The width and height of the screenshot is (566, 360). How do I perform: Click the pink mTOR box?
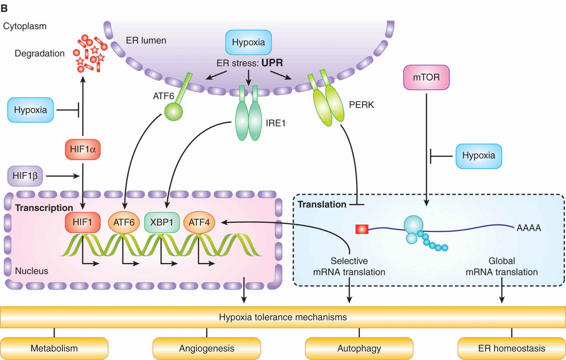426,77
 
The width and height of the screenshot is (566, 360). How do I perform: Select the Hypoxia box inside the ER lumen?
248,42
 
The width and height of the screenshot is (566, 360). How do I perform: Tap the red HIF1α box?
83,149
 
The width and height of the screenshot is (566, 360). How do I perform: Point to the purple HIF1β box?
25,176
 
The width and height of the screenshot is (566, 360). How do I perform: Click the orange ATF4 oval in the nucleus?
199,222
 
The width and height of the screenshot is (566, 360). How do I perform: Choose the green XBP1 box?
162,222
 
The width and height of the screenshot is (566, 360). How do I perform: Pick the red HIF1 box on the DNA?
82,222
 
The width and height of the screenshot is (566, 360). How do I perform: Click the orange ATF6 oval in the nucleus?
124,222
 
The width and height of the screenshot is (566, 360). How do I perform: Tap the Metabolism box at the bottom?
54,349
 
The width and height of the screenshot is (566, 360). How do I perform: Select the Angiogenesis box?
207,349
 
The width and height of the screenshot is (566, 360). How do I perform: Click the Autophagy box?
359,349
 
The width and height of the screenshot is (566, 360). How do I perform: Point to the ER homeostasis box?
511,349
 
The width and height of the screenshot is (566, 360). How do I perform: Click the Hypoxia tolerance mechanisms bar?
283,317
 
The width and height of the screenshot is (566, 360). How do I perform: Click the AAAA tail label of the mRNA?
529,228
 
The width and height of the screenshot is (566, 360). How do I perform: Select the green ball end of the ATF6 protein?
173,111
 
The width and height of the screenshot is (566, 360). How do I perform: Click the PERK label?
361,105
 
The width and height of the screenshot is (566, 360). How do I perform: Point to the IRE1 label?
275,123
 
